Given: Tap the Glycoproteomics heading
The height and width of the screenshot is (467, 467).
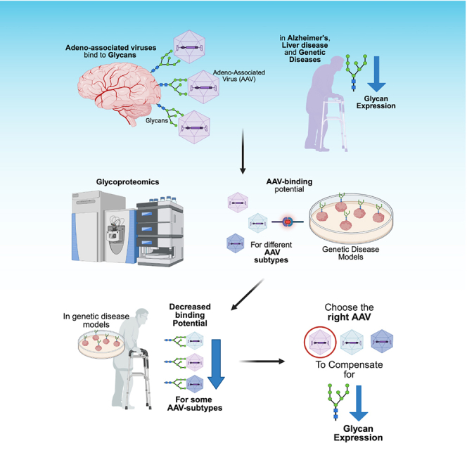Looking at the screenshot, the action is click(x=127, y=181).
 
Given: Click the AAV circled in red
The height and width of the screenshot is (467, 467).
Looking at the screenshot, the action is click(x=320, y=342).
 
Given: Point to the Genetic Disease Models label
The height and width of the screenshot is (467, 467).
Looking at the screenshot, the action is click(x=350, y=253).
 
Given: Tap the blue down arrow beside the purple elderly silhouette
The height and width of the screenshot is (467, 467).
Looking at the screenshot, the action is click(x=376, y=74).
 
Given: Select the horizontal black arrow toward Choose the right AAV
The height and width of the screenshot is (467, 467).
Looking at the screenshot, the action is click(x=262, y=362).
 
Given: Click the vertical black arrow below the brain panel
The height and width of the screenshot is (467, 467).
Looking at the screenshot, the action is click(x=243, y=151).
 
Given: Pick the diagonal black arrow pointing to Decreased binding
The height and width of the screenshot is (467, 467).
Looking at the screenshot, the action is click(x=248, y=295).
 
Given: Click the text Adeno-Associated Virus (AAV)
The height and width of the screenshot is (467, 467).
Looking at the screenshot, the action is click(x=239, y=76).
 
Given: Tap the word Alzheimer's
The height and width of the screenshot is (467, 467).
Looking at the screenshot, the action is click(x=309, y=38).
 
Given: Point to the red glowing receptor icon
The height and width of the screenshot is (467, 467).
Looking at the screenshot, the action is click(x=288, y=222).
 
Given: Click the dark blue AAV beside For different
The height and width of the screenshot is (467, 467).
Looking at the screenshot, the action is click(x=236, y=243).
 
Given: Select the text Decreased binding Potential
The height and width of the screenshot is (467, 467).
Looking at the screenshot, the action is click(x=190, y=315).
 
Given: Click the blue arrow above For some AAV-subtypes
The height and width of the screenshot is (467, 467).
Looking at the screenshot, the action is click(x=216, y=364).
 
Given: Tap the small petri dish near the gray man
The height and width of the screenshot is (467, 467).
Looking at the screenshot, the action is click(x=101, y=345).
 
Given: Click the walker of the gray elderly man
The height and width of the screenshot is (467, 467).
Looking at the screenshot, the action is click(x=139, y=378).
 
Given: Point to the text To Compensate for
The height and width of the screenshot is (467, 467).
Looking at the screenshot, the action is click(x=349, y=369).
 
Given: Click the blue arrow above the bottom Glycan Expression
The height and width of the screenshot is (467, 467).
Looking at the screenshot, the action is click(x=359, y=403).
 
